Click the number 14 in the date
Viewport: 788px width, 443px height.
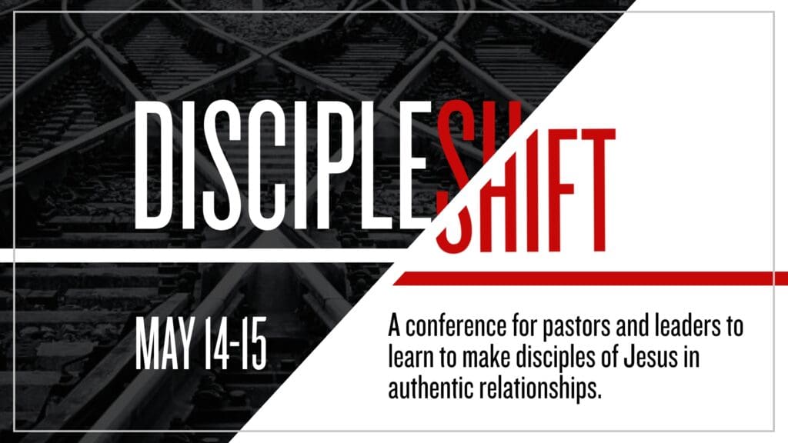pos(216,344)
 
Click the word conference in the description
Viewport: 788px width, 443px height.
pos(456,326)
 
